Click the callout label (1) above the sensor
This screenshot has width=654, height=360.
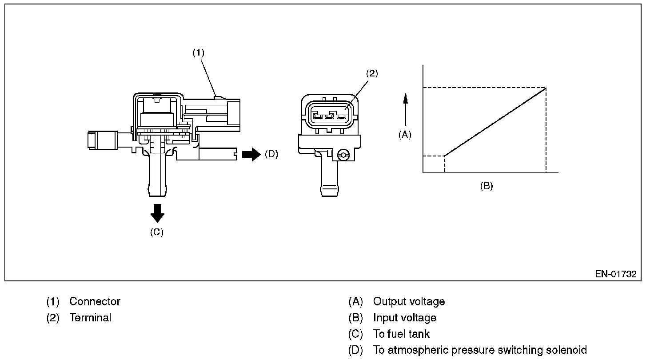point(198,52)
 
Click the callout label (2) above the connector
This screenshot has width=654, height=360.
point(371,74)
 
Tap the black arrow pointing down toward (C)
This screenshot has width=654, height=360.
point(157,213)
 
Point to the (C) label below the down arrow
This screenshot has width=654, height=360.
point(156,232)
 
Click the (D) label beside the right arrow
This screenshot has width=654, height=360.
point(271,154)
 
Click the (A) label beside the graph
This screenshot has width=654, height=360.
point(405,135)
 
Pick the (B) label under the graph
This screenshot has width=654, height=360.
point(486,186)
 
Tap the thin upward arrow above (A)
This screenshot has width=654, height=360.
point(405,109)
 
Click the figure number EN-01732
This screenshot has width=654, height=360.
point(615,274)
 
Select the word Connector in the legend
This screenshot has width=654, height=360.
point(95,301)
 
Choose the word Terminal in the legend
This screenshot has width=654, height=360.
point(90,318)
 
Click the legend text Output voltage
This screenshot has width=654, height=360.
point(409,301)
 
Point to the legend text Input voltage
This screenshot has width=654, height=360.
point(404,318)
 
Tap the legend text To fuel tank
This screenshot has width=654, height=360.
point(401,334)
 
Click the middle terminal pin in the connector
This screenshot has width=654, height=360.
point(329,117)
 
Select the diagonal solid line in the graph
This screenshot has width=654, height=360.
point(495,122)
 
